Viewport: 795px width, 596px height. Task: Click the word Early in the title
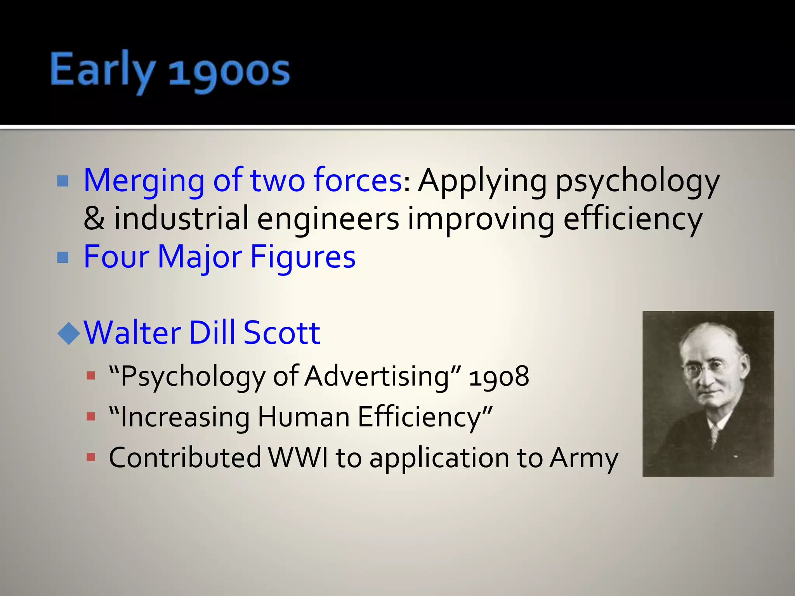(x=102, y=70)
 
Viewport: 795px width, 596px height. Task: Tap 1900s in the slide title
(x=229, y=72)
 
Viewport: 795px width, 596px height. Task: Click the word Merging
(x=144, y=180)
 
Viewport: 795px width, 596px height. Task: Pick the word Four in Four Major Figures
(x=116, y=256)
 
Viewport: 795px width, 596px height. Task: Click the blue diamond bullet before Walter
(x=69, y=333)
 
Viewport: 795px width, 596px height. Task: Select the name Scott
(x=282, y=333)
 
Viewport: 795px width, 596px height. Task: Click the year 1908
(x=499, y=376)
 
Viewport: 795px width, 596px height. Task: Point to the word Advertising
(x=377, y=376)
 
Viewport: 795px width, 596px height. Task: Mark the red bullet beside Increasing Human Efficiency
(x=91, y=417)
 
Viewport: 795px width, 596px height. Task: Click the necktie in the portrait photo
(x=713, y=435)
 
